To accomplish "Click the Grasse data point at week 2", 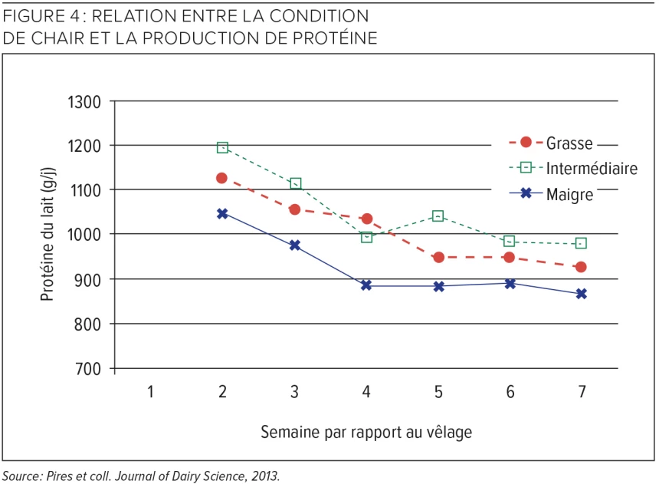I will (222, 178).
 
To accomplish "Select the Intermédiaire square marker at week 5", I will (438, 216).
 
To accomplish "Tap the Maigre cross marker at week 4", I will (366, 285).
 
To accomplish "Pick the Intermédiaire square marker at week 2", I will (222, 147).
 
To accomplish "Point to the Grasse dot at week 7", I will (582, 267).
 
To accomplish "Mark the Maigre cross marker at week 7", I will (582, 293).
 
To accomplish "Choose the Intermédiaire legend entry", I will (591, 168).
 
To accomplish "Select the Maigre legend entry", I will (569, 194).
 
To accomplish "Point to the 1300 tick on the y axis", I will (85, 102).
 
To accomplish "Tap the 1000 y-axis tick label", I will (85, 235).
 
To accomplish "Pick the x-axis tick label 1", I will (150, 392).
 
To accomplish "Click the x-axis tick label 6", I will (510, 392).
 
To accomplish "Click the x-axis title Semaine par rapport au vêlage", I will (366, 432).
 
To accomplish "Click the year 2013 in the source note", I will (264, 476).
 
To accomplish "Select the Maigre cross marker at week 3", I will (294, 245).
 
